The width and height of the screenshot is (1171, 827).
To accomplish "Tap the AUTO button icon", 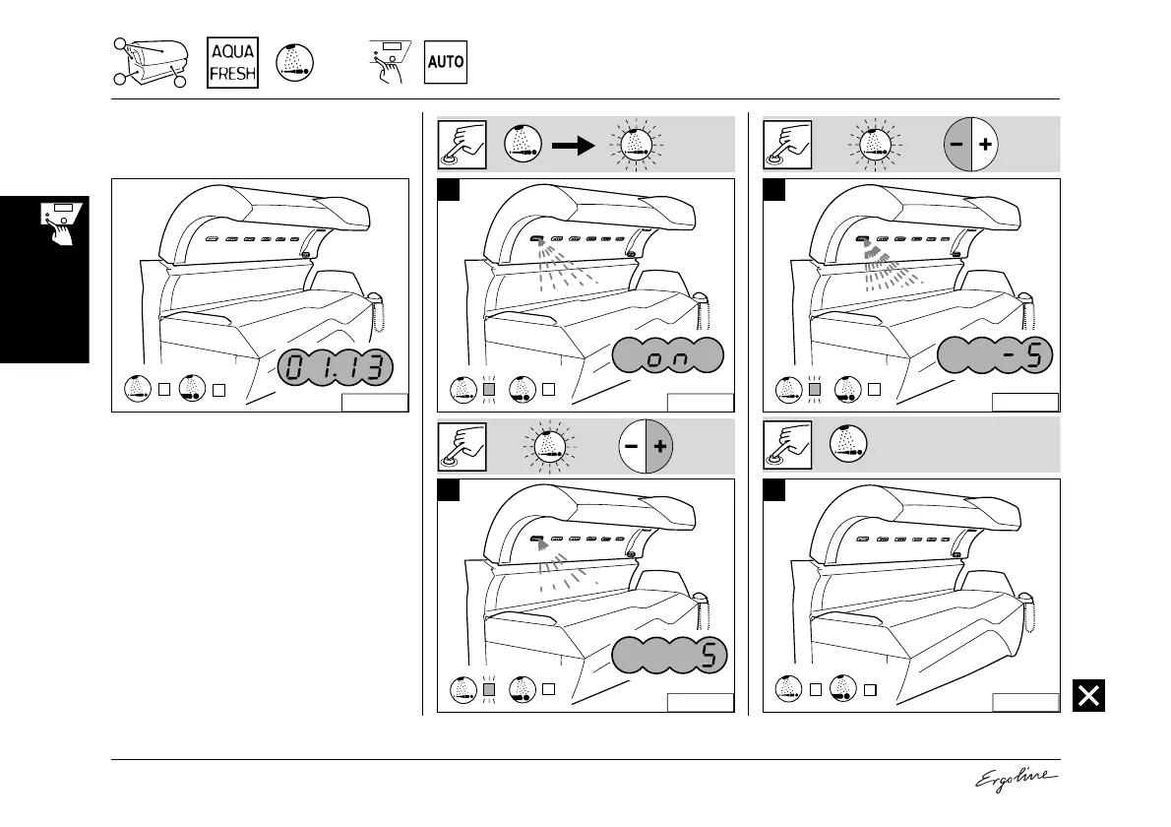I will pos(445,62).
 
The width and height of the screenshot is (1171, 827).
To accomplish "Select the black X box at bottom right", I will pos(1087,696).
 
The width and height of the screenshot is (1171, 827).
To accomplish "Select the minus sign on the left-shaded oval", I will pos(956,144).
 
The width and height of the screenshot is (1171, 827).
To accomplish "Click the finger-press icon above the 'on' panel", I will pos(462,144).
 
